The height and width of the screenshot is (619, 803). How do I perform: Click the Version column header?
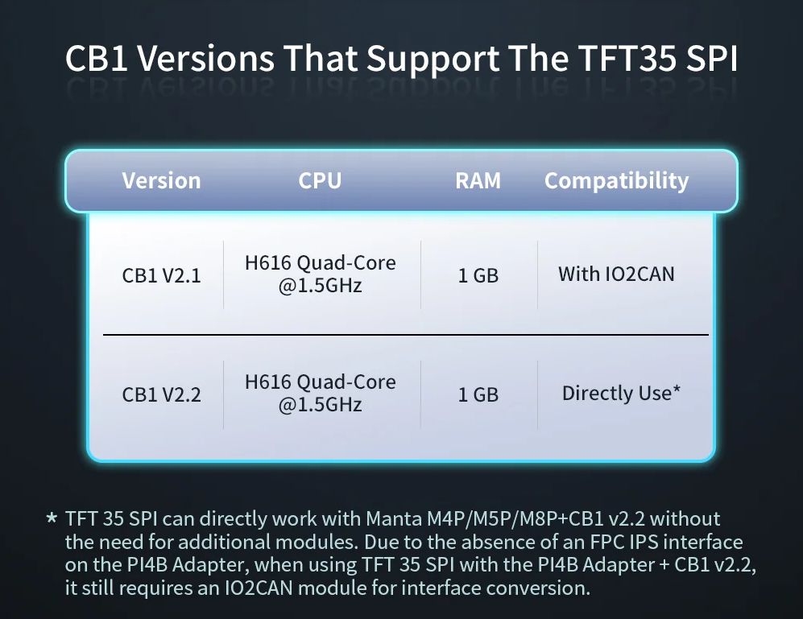[x=161, y=181]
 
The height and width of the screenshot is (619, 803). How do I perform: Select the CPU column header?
[x=320, y=181]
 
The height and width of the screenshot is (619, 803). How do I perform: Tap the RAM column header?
[x=478, y=181]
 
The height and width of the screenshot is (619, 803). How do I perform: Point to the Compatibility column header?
[x=617, y=181]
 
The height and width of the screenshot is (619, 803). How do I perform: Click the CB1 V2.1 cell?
[x=161, y=275]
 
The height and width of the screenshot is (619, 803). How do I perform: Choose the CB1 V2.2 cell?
[x=161, y=394]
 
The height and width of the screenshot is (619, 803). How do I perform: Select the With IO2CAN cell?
[x=617, y=274]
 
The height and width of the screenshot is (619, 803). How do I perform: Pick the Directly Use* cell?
[x=621, y=393]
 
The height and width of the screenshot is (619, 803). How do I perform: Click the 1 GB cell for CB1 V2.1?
[x=478, y=275]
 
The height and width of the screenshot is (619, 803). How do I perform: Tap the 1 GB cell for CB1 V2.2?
[x=478, y=394]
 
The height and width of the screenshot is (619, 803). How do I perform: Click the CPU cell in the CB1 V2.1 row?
[x=320, y=274]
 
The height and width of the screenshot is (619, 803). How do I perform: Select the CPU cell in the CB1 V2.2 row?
[x=320, y=393]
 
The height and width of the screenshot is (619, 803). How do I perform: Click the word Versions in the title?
[x=206, y=58]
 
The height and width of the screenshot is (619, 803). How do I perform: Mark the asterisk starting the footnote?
[x=52, y=518]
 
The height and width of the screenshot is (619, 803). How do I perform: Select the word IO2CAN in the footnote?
[x=258, y=588]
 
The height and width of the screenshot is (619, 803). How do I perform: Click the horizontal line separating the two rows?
[x=406, y=335]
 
